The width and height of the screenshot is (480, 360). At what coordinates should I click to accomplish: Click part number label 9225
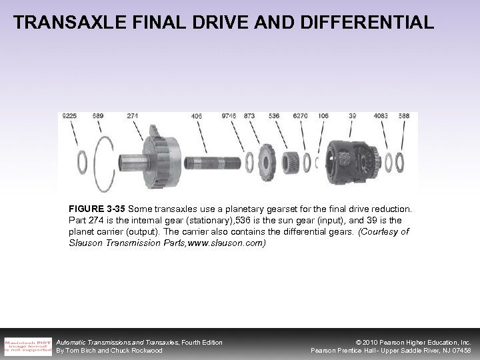[69, 115]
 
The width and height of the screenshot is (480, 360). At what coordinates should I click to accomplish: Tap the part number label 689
[97, 115]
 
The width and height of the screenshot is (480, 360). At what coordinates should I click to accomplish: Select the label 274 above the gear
[132, 115]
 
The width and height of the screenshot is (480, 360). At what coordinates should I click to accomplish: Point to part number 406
[196, 115]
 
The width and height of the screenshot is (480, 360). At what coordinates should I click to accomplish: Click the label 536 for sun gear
[273, 115]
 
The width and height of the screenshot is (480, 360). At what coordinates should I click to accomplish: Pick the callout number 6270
[300, 115]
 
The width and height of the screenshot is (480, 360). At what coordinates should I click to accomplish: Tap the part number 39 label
[352, 115]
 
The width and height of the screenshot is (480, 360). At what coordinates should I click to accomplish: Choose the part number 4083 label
[380, 115]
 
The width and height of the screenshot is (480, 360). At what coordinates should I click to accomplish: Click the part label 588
[404, 115]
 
